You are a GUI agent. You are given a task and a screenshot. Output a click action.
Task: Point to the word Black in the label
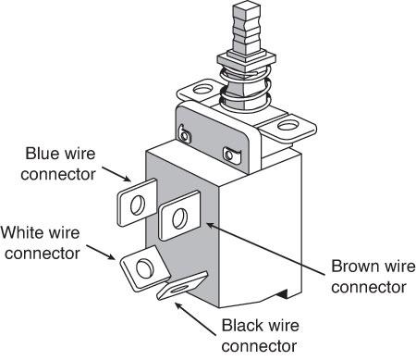coord(243,325)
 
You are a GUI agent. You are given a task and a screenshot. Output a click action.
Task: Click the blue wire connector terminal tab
coord(136,203)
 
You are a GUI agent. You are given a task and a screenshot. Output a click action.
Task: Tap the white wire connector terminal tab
coord(144,268)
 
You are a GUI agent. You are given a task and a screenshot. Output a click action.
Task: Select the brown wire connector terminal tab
coord(179,216)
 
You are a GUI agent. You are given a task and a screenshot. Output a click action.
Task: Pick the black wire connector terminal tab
coord(181,287)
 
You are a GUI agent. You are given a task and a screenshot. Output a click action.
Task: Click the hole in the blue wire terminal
coord(138,205)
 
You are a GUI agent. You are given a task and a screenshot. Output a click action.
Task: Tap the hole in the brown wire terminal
coord(180,218)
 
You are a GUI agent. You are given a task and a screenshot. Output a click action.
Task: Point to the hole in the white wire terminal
coord(145,268)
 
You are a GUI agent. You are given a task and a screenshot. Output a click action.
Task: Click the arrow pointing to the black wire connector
coord(195,319)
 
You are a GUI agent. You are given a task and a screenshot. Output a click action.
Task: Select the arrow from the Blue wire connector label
coord(116,174)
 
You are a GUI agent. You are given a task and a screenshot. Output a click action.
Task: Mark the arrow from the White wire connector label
coord(101,253)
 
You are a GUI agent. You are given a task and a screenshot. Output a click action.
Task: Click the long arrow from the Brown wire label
coord(265,249)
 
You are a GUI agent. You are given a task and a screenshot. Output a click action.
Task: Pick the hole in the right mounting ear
coord(288,125)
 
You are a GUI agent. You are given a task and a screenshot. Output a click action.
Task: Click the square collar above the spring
coord(247,60)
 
